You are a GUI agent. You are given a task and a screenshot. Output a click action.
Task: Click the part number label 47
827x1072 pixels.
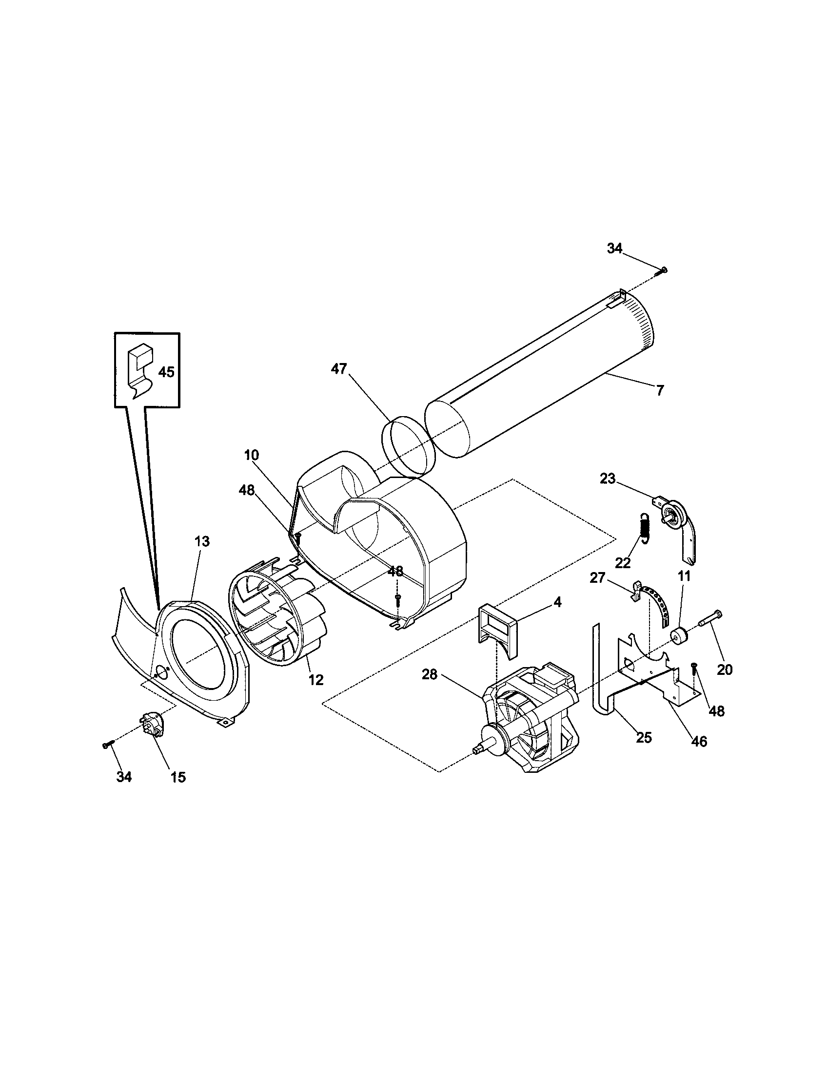click(x=339, y=369)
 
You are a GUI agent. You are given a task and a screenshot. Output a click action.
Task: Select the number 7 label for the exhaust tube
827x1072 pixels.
click(x=660, y=391)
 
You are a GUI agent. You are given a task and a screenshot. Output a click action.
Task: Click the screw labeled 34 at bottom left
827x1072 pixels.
click(x=108, y=744)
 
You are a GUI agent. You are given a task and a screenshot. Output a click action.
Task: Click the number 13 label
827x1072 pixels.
click(x=202, y=541)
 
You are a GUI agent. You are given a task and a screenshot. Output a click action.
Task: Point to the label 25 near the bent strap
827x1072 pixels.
click(x=644, y=737)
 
